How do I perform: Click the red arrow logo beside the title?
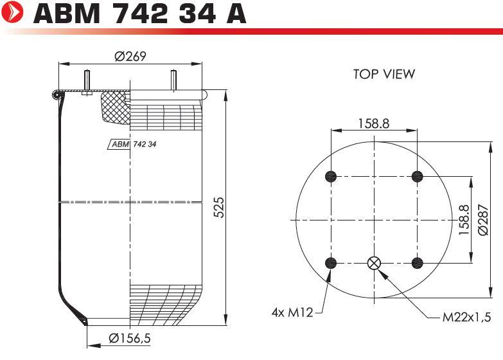[12, 12]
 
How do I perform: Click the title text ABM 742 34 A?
[139, 14]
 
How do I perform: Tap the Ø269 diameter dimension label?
[130, 57]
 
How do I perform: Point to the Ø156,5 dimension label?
[130, 338]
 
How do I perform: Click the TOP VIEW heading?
[384, 74]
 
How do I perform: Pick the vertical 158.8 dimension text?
[464, 220]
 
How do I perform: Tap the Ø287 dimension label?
[483, 220]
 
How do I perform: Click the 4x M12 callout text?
[292, 312]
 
